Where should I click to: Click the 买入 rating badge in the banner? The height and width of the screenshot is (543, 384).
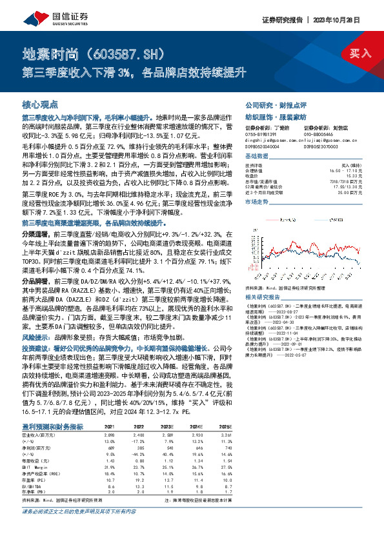tap(360, 53)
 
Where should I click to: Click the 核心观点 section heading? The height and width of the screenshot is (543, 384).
tap(41, 104)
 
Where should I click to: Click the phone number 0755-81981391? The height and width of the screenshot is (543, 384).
tap(260, 134)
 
